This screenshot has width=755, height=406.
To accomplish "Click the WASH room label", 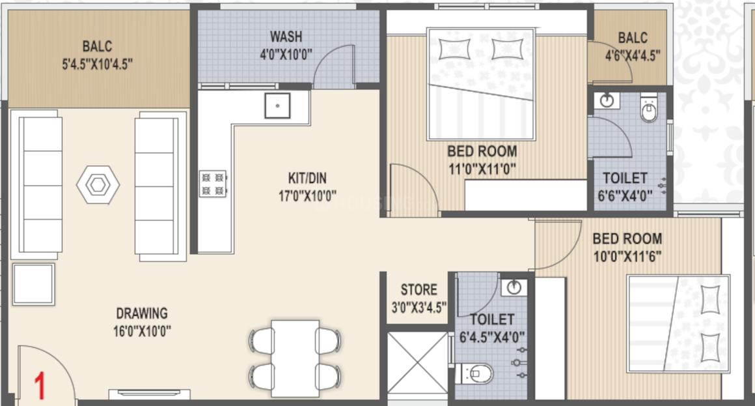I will (286, 36).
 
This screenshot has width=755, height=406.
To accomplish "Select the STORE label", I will (419, 289).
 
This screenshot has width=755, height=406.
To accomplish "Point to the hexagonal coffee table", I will (98, 186).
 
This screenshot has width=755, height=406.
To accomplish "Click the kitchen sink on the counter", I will (277, 105).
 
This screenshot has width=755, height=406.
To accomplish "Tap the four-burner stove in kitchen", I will (213, 183).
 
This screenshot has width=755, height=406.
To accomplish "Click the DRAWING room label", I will (141, 313).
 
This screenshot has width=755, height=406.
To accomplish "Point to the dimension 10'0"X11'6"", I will (627, 256).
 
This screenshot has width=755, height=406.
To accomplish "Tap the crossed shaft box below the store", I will (417, 364).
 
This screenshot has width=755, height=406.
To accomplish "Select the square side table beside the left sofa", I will (33, 284).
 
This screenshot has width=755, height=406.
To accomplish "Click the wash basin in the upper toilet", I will (607, 101).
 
